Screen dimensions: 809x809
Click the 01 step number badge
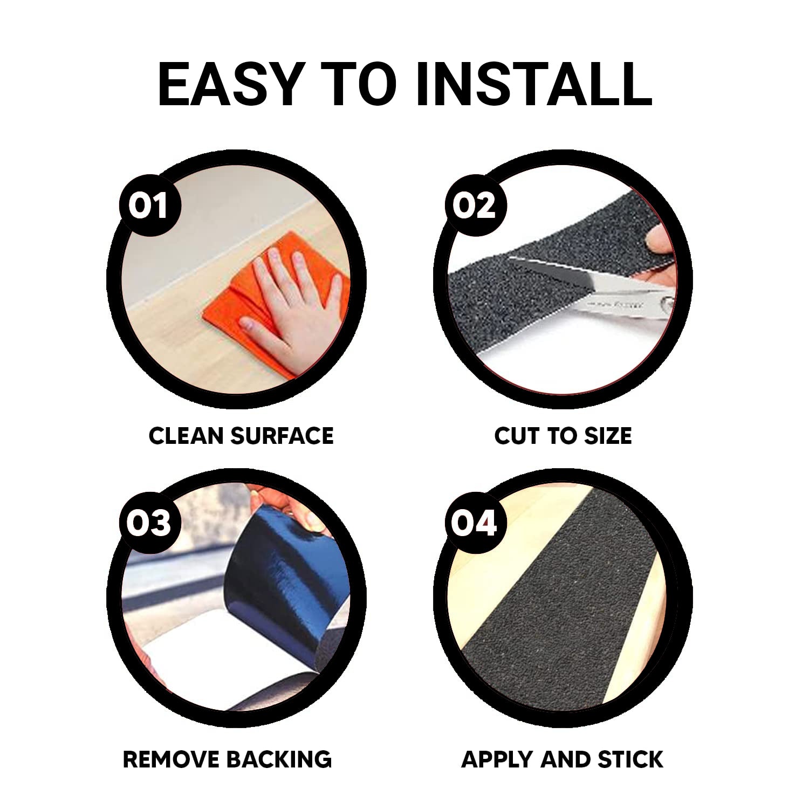[x=148, y=206]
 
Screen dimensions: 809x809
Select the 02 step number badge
[x=474, y=206]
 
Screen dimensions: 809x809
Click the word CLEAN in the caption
[x=186, y=436]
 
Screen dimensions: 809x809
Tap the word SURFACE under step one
[x=282, y=436]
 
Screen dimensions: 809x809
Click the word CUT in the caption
[x=520, y=436]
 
